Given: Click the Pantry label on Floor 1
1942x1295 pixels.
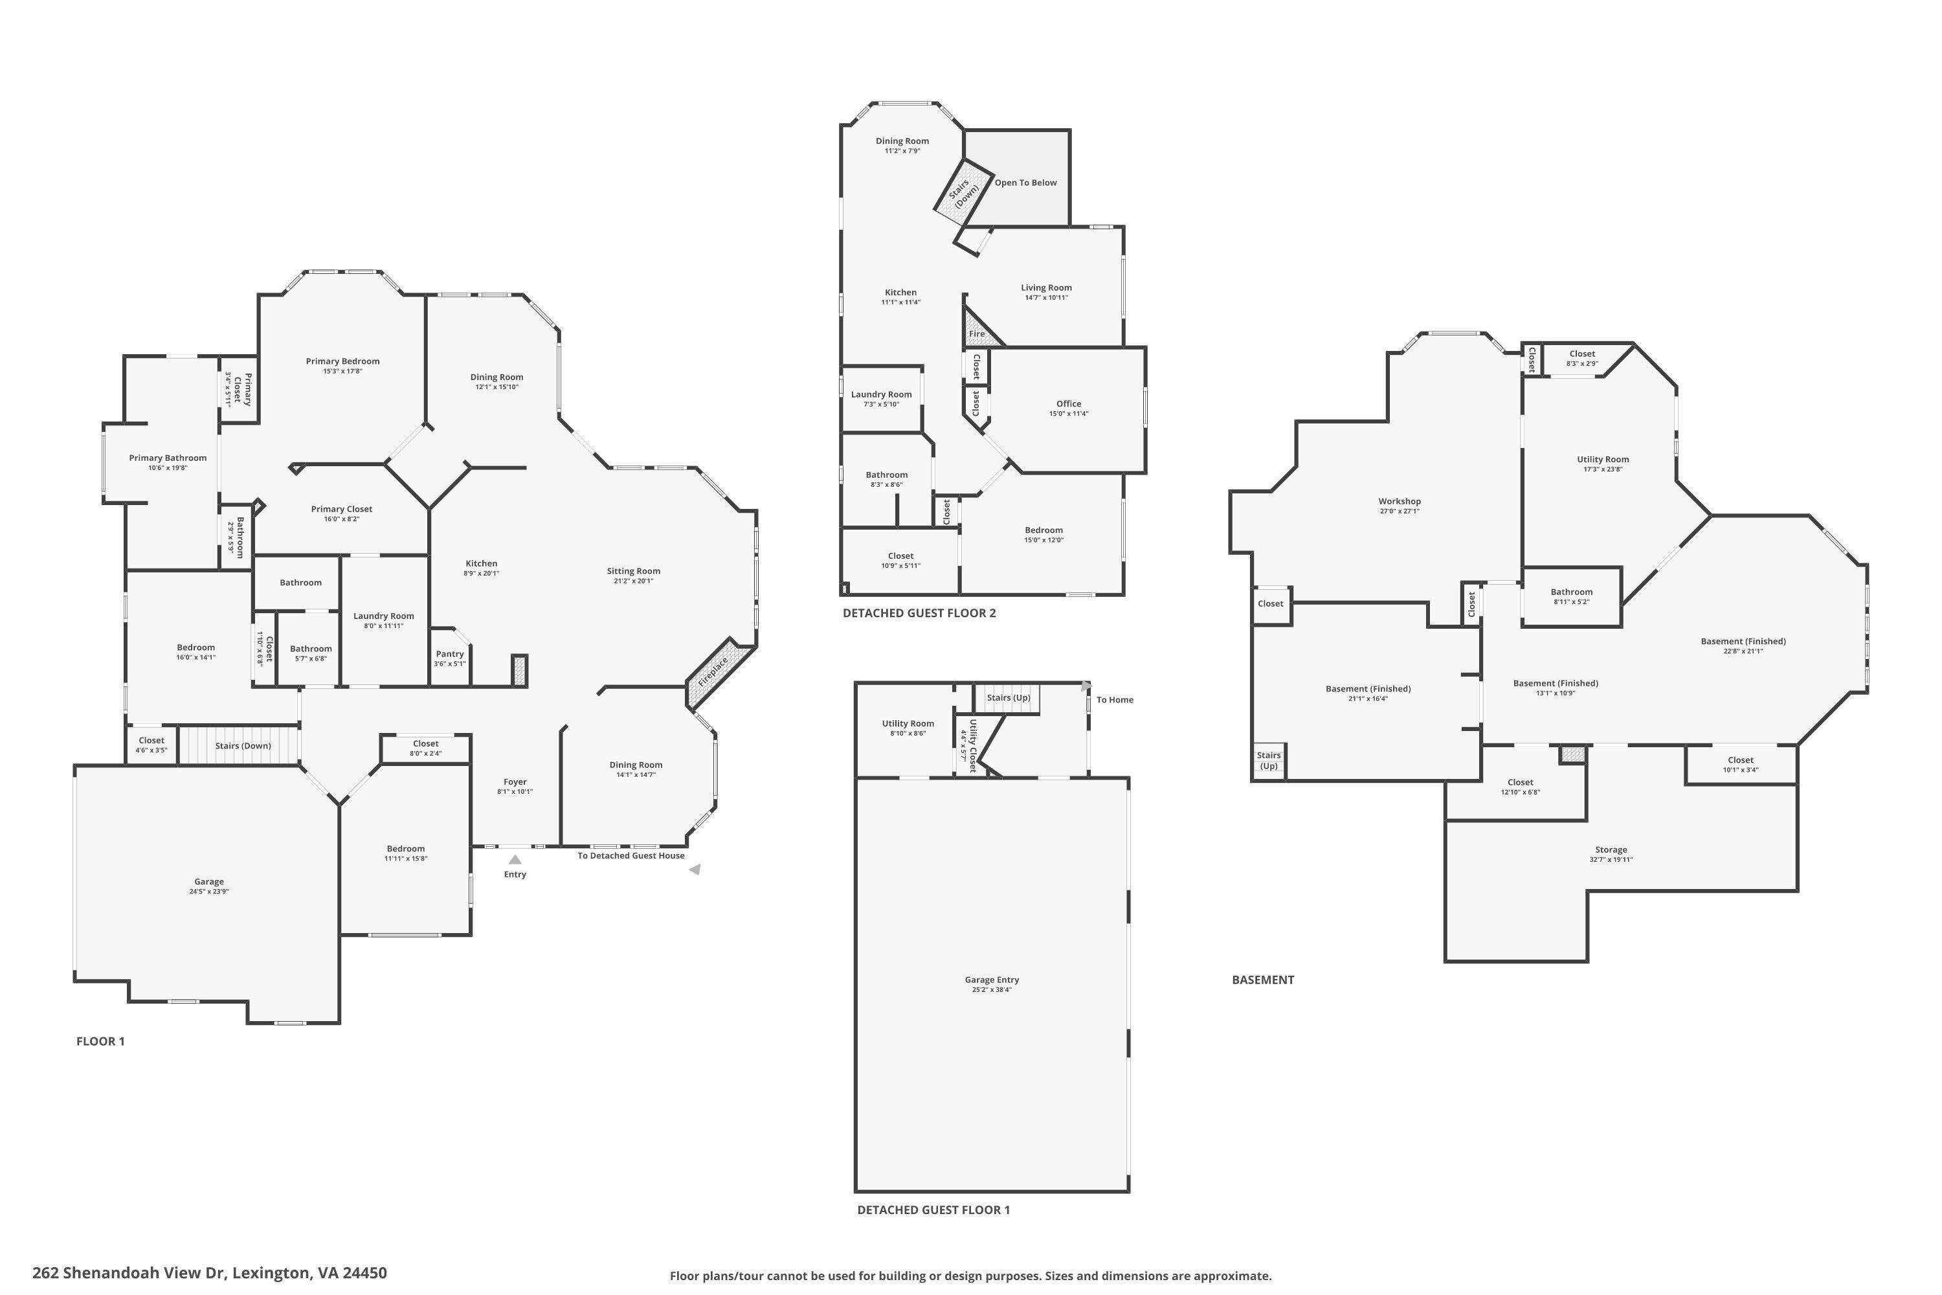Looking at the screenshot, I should pos(450,653).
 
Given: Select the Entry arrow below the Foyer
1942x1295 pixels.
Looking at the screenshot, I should pos(515,860).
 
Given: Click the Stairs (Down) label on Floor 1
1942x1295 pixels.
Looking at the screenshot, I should pos(243,746).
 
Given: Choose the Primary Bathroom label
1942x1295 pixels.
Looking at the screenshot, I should pos(168,458).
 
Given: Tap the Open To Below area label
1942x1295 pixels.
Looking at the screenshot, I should pos(1025,183).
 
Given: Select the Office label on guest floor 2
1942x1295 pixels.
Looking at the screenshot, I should pos(1069,404).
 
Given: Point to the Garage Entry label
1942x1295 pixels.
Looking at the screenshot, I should pos(992,980).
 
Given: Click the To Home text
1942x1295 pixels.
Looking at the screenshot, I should pos(1115,699).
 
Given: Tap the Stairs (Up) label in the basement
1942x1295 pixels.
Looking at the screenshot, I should pos(1269,760).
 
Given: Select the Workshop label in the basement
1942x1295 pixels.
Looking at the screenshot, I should pos(1400,501).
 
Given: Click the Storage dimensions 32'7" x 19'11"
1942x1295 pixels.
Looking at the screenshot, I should pos(1611,859).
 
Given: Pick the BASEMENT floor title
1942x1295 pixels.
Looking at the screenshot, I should pos(1262,980).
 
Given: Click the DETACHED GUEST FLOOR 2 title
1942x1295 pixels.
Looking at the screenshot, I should pos(919,613).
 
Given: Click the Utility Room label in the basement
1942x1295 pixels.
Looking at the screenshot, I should pos(1603,459).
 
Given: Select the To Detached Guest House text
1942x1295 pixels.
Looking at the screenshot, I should pos(631,855).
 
